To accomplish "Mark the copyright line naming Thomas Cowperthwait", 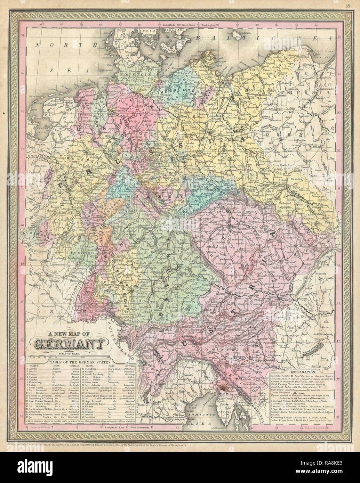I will [x=139, y=435].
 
